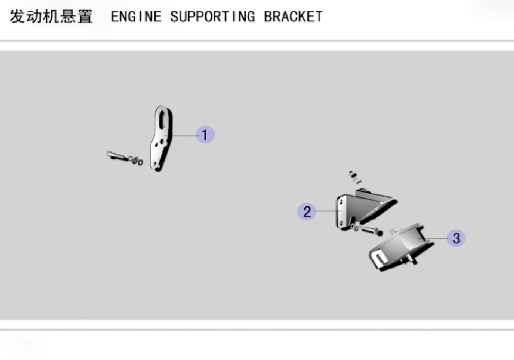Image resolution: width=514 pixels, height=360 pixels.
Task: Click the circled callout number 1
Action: (x=205, y=135)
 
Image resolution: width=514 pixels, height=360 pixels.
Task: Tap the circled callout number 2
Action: (x=306, y=211)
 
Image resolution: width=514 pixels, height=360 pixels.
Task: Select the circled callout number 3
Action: (x=456, y=238)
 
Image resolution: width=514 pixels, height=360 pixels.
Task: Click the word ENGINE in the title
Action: (x=136, y=16)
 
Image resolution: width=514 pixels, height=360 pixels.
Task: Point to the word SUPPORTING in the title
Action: (x=212, y=16)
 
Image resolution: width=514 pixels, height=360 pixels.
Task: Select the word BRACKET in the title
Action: (x=293, y=16)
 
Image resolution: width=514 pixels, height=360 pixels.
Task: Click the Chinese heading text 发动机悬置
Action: (x=51, y=16)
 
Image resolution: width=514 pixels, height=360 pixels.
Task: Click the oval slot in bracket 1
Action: (x=162, y=119)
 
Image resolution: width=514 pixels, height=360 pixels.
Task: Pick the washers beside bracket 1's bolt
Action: (x=136, y=160)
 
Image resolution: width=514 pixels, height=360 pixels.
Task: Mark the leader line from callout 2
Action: (x=327, y=211)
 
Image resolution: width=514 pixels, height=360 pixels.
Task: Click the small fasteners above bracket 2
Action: (x=354, y=177)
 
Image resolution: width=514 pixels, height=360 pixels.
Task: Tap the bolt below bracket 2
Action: (x=371, y=230)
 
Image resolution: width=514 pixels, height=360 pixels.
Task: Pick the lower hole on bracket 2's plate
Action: (x=342, y=223)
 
